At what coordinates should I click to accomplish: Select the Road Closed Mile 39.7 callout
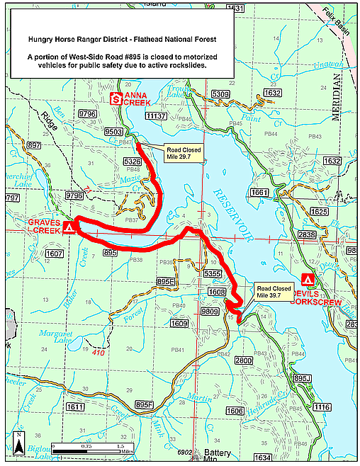click(272, 292)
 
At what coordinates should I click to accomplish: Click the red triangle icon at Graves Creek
click(69, 228)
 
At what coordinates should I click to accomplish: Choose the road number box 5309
click(220, 93)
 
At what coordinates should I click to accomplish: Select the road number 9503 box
click(113, 132)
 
